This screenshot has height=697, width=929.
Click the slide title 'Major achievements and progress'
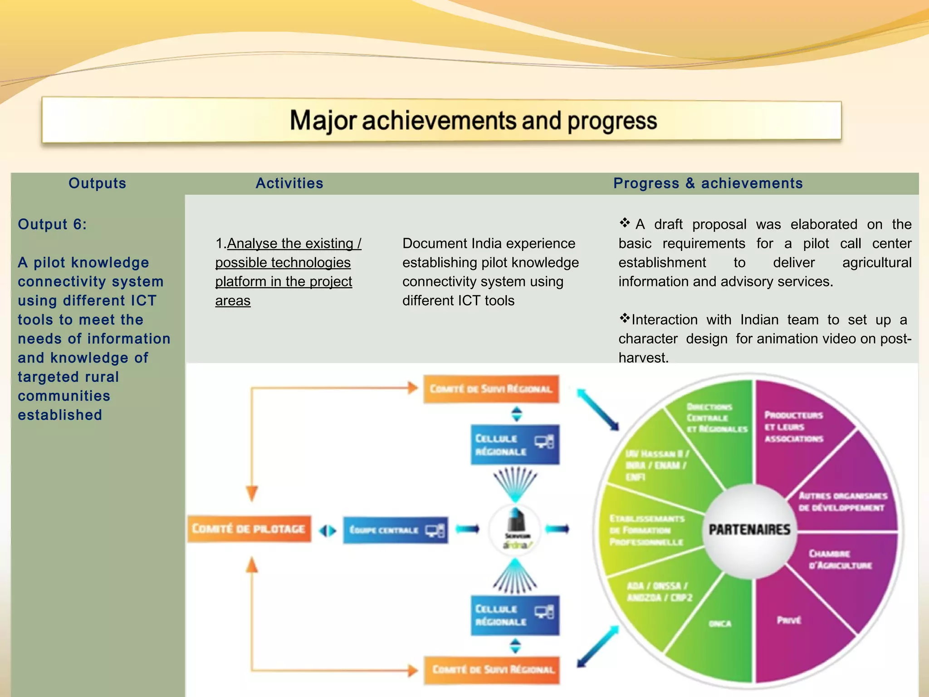pos(473,121)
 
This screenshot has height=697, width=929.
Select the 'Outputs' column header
pos(97,183)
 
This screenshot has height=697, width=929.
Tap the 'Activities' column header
pos(289,183)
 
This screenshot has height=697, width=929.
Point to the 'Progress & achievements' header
pos(708,183)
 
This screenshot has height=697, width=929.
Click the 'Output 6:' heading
pos(52,224)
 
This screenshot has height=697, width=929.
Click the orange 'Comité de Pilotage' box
pos(249,529)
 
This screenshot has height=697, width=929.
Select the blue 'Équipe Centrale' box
pos(395,530)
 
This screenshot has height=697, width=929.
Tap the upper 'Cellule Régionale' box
pos(514,445)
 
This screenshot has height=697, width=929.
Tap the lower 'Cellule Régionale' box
pos(514,615)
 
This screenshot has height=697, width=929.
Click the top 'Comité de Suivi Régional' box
pos(491,389)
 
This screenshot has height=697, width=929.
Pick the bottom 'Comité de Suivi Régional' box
pos(492,670)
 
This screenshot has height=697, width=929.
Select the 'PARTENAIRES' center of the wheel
pos(749,530)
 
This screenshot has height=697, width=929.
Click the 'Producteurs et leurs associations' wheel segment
pos(794,427)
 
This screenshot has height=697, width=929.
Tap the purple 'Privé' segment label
pos(789,620)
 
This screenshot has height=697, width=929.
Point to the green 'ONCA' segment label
pos(720,624)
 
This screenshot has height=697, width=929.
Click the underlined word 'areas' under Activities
pos(233,301)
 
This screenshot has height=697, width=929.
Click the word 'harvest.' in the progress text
pos(643,358)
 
